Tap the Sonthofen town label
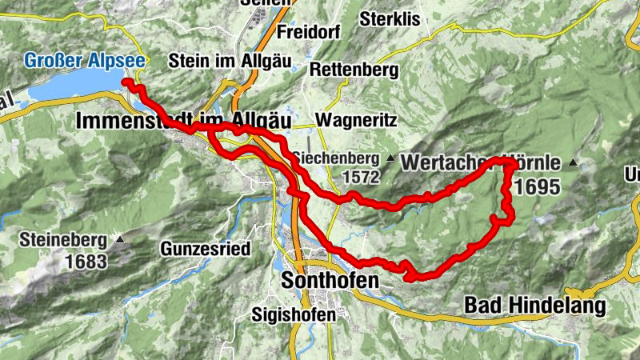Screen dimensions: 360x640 tap(329, 280)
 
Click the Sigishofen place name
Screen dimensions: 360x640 tap(293, 314)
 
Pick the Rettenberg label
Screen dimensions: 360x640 tap(354, 70)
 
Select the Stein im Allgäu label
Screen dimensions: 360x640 tap(218, 60)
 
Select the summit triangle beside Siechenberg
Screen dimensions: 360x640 tap(390, 158)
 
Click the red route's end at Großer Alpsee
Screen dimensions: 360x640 tap(125, 82)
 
